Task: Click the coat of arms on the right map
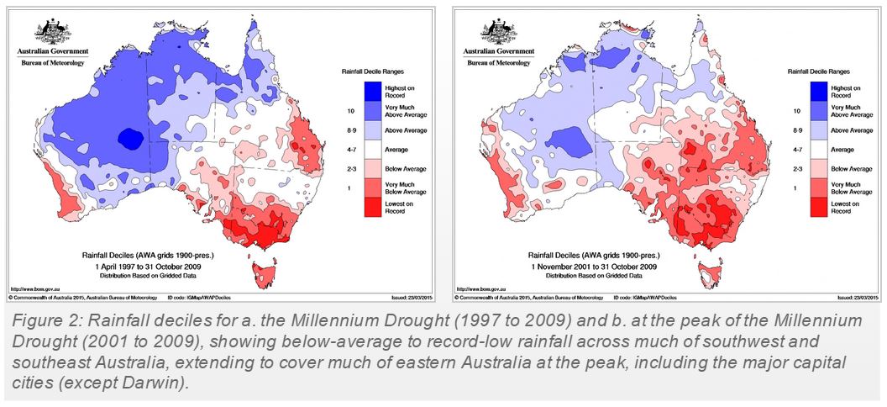498,32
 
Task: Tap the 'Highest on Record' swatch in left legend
373,91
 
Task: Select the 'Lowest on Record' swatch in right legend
820,207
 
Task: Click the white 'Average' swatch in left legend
373,149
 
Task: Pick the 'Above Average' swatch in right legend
820,130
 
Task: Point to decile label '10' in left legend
349,111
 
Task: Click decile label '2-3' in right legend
795,168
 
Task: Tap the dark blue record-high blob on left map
130,136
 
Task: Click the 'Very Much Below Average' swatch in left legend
373,188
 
